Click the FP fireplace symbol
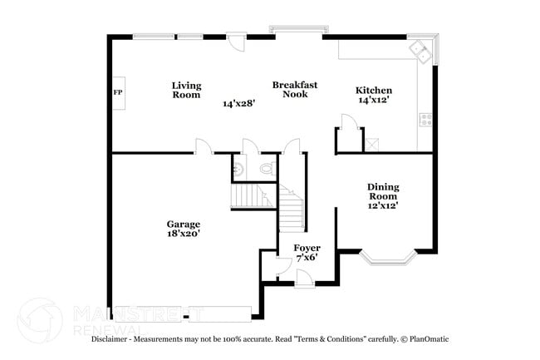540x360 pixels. (x=117, y=92)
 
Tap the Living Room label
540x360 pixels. (x=186, y=90)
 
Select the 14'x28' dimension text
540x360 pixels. (x=238, y=104)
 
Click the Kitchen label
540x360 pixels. (x=373, y=95)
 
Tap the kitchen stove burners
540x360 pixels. (x=426, y=119)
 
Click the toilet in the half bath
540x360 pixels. (x=266, y=168)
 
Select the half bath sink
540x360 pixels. (x=238, y=169)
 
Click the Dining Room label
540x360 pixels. (x=383, y=195)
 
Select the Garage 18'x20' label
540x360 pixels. (x=183, y=229)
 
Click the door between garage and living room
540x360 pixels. (x=203, y=146)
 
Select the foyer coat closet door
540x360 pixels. (x=280, y=264)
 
